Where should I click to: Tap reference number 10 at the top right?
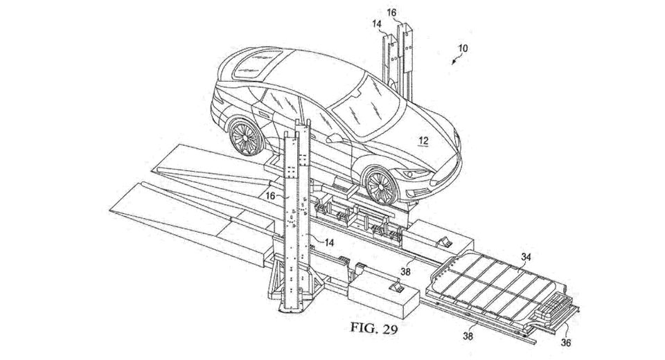[463, 48]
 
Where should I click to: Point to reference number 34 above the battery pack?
[526, 258]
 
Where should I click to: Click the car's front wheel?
[380, 187]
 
